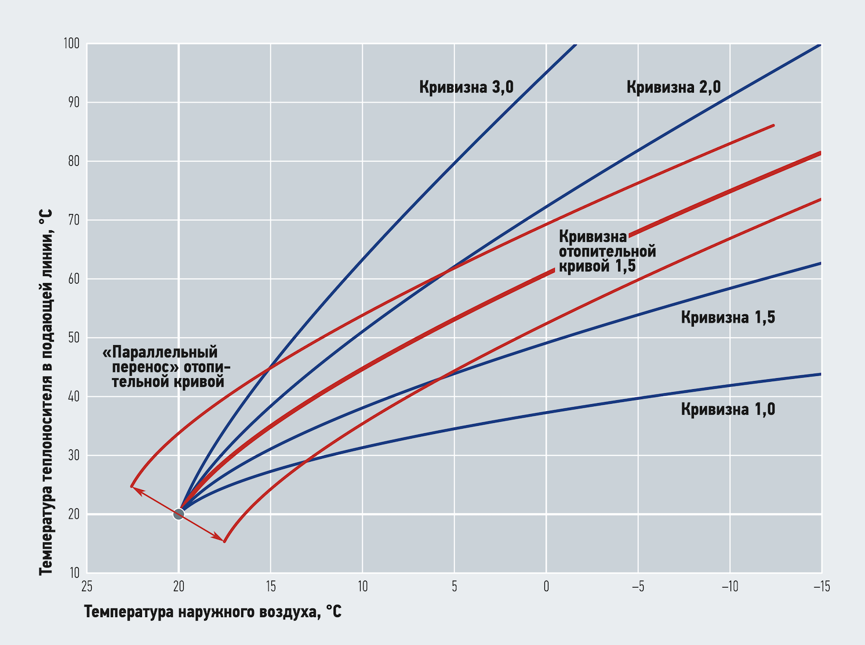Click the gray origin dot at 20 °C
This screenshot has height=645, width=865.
click(179, 514)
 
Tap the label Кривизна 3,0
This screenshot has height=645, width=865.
click(466, 88)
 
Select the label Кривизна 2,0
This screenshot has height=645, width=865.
click(673, 88)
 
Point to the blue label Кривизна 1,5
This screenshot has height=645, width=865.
click(728, 318)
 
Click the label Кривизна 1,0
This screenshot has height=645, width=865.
click(728, 410)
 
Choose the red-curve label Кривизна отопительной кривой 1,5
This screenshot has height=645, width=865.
click(606, 252)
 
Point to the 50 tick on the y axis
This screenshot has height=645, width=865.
click(74, 338)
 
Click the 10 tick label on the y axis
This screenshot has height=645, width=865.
click(74, 573)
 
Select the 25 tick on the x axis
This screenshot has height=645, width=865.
click(86, 587)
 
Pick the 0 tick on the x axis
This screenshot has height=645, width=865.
click(546, 587)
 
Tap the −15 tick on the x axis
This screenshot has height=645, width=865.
click(821, 587)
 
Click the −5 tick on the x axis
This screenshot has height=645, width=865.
click(637, 587)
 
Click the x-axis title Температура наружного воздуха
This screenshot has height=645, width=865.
click(213, 612)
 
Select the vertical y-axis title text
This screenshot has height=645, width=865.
click(46, 392)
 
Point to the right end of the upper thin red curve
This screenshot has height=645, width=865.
click(773, 125)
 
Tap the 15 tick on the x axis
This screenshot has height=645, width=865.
click(270, 587)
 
